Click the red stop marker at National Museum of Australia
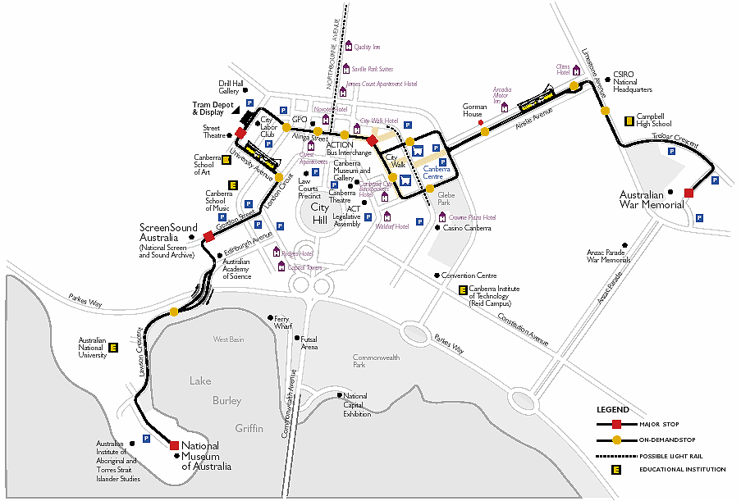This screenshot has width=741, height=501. (174, 445)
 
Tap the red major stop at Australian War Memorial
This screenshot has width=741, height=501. (688, 193)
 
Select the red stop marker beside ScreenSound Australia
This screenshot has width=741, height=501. (208, 236)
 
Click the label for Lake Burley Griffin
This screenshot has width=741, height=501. (226, 402)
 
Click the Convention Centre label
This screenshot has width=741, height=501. (469, 276)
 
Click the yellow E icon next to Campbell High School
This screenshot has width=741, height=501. (629, 121)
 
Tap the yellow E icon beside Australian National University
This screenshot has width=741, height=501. (113, 348)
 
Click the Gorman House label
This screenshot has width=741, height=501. (476, 110)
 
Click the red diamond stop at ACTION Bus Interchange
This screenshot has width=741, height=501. (372, 141)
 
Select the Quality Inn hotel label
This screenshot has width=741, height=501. (367, 48)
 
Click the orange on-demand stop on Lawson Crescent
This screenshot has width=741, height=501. (174, 312)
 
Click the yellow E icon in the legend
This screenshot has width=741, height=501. (615, 470)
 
